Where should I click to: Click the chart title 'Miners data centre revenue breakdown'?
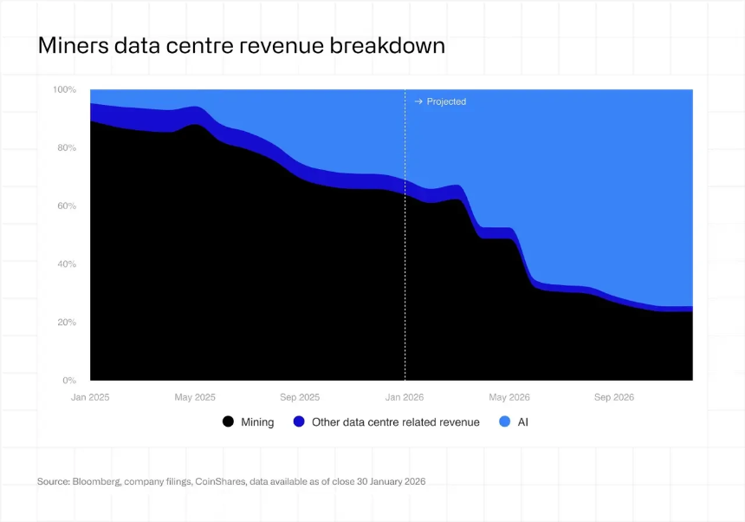[x=241, y=46]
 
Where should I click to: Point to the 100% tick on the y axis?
[x=65, y=90]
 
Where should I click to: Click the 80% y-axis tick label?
[x=67, y=148]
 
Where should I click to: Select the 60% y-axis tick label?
[x=67, y=206]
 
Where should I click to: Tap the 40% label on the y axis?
[x=67, y=264]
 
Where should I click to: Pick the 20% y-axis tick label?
[x=67, y=323]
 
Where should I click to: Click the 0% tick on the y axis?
[x=69, y=381]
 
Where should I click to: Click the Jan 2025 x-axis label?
[x=90, y=397]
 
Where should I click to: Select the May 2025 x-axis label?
[x=195, y=397]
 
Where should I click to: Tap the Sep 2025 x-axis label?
[x=299, y=397]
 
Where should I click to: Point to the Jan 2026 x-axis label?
[x=405, y=397]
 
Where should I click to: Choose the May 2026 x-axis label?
[x=509, y=397]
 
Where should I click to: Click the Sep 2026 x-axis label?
[x=613, y=397]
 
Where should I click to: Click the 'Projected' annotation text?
[x=446, y=101]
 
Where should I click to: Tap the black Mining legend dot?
[x=229, y=422]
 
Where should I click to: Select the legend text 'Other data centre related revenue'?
[x=395, y=422]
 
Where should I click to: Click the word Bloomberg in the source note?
[x=92, y=481]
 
